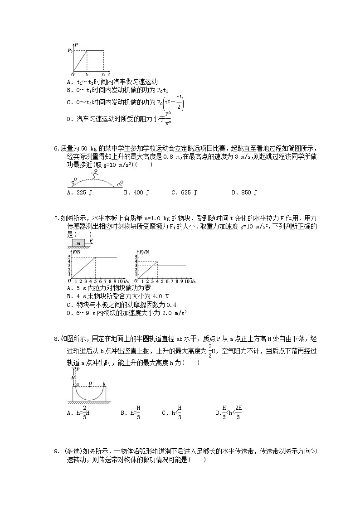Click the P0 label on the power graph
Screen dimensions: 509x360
pyautogui.click(x=70, y=51)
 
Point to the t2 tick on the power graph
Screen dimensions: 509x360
pyautogui.click(x=103, y=73)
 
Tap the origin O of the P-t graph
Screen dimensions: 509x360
pyautogui.click(x=73, y=74)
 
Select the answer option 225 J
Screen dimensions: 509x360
pyautogui.click(x=79, y=193)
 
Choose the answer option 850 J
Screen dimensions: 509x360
pyautogui.click(x=244, y=193)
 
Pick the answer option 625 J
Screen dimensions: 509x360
pyautogui.click(x=184, y=193)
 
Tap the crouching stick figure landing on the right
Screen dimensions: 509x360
pyautogui.click(x=120, y=183)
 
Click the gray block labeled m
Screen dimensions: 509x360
pyautogui.click(x=79, y=243)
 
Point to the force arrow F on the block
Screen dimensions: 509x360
pyautogui.click(x=91, y=241)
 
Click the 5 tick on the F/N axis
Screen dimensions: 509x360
pyautogui.click(x=70, y=257)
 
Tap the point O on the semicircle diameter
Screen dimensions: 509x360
pyautogui.click(x=91, y=384)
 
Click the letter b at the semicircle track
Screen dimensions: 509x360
pyautogui.click(x=104, y=384)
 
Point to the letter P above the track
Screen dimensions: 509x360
pyautogui.click(x=78, y=369)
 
